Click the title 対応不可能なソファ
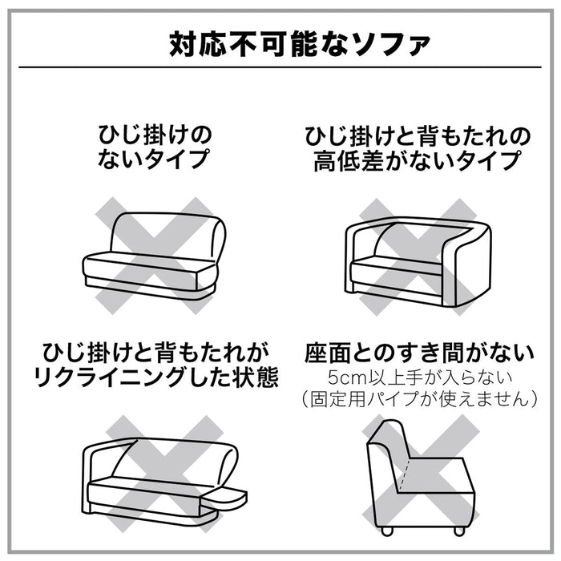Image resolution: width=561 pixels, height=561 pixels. pyautogui.click(x=300, y=44)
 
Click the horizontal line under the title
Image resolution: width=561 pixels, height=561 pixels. pyautogui.click(x=280, y=67)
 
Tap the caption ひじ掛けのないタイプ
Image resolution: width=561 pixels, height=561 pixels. pyautogui.click(x=155, y=147)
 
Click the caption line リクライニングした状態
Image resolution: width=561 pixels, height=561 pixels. pyautogui.click(x=156, y=377)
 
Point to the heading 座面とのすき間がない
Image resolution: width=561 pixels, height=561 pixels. pyautogui.click(x=419, y=353)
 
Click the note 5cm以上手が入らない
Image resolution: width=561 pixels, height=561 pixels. pyautogui.click(x=420, y=378)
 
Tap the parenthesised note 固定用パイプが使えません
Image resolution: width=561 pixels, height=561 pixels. pyautogui.click(x=419, y=399)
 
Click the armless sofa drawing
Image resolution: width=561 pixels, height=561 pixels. pyautogui.click(x=154, y=256)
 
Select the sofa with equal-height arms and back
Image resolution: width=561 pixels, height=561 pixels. pyautogui.click(x=418, y=261)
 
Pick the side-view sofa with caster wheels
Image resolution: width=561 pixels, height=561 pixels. pyautogui.click(x=422, y=478)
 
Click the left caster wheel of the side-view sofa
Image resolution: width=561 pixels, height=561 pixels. pyautogui.click(x=387, y=531)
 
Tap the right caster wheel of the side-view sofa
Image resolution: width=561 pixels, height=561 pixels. pyautogui.click(x=459, y=531)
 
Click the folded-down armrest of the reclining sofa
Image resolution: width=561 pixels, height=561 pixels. pyautogui.click(x=224, y=498)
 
